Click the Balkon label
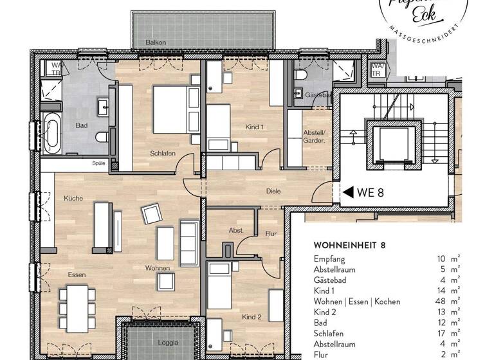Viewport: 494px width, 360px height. (x=156, y=42)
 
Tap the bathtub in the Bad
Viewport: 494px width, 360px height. (x=51, y=133)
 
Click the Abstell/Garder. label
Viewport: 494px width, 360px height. (x=315, y=136)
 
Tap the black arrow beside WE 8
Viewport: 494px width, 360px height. (x=349, y=192)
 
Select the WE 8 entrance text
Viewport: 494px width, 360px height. (x=371, y=192)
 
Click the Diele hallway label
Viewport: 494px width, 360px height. (x=274, y=191)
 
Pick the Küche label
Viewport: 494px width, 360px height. (x=73, y=199)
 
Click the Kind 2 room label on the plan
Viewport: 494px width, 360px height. (x=252, y=317)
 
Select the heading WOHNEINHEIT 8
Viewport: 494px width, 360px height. (x=349, y=245)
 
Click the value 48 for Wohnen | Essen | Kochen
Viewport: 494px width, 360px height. (x=441, y=301)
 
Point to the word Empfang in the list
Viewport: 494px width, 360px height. (x=329, y=258)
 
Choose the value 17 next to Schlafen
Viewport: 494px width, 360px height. (x=441, y=334)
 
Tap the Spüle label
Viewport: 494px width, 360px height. (x=98, y=164)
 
